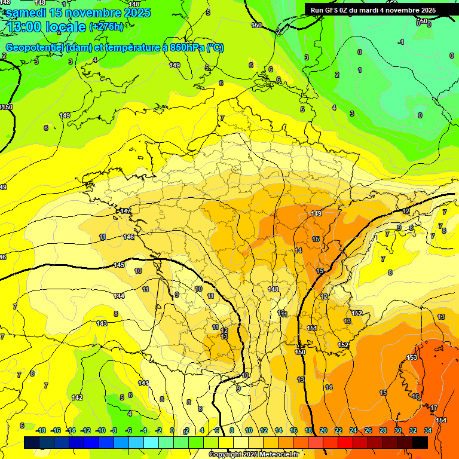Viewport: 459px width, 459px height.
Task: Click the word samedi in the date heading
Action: (x=26, y=13)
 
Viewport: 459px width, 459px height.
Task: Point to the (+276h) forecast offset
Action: (x=106, y=27)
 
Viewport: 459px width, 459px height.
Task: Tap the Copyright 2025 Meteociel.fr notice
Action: (x=254, y=454)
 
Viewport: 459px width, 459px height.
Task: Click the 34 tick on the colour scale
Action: (x=427, y=430)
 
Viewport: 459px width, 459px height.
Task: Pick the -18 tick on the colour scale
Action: (x=41, y=430)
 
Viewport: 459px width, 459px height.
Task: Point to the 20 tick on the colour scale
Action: (x=323, y=430)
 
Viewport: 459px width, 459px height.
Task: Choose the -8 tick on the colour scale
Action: (x=113, y=430)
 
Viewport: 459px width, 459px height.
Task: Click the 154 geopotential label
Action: (x=441, y=420)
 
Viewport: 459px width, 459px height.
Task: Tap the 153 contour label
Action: (x=412, y=357)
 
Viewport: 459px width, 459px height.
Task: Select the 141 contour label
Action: (x=143, y=383)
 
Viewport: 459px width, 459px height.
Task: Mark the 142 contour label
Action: (x=77, y=397)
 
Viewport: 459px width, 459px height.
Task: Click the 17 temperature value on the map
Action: (x=434, y=408)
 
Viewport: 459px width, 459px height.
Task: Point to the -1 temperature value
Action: (x=401, y=42)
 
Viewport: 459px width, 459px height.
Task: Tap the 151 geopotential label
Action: (x=312, y=328)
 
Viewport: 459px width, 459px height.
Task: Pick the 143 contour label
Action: (x=102, y=323)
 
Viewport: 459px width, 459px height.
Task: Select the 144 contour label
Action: (x=119, y=296)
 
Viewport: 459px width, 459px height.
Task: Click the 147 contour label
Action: (x=126, y=211)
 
